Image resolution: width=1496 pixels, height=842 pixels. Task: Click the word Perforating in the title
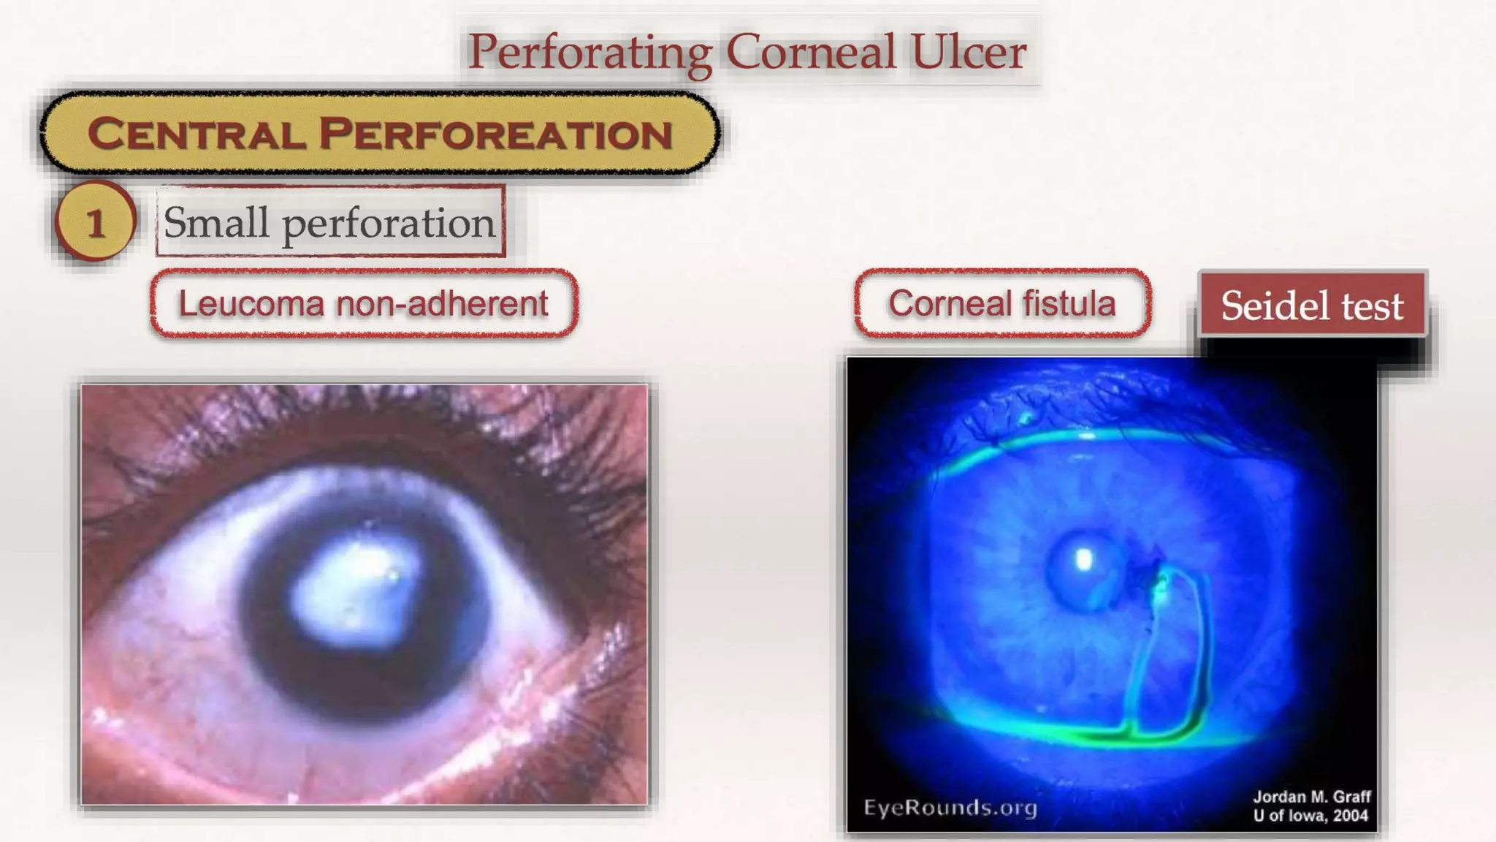589,53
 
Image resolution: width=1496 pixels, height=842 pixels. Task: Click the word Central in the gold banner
196,134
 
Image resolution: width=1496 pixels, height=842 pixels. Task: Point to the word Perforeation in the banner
495,134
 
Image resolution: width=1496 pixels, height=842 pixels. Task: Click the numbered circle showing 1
95,222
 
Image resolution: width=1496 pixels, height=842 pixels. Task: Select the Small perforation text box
330,221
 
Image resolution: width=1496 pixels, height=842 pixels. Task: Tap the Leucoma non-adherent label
363,303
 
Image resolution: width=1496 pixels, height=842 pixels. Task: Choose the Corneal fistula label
1002,303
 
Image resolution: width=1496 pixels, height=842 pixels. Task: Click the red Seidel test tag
1312,305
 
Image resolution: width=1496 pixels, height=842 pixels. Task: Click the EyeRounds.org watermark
950,808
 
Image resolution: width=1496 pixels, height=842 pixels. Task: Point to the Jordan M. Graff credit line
1312,797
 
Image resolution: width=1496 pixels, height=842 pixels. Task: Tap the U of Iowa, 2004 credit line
1310,816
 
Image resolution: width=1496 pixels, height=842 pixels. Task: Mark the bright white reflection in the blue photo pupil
1085,561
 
